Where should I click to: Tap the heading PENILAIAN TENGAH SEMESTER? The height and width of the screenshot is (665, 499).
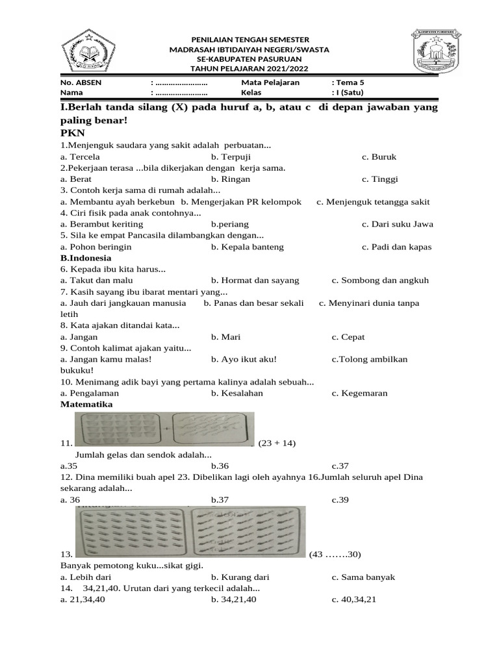pyautogui.click(x=249, y=40)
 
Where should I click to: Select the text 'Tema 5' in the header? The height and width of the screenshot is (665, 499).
pyautogui.click(x=350, y=83)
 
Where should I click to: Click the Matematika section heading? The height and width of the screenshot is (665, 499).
pyautogui.click(x=86, y=404)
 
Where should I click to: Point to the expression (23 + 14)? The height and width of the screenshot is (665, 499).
pyautogui.click(x=277, y=444)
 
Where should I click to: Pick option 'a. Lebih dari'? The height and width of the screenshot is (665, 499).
pyautogui.click(x=86, y=577)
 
